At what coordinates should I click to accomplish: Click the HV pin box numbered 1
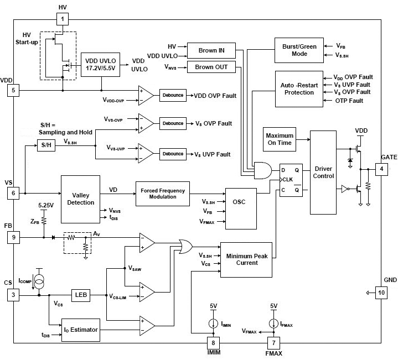[62, 19]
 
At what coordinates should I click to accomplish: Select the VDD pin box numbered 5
[13, 90]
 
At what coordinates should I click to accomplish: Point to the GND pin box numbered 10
[381, 293]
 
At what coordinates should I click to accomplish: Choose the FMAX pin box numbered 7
[271, 342]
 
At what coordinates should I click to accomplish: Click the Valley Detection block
[80, 199]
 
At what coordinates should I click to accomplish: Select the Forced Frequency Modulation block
[163, 194]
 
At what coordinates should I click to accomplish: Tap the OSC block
[239, 201]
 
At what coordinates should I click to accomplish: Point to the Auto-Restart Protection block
[299, 88]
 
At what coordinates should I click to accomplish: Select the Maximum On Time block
[280, 139]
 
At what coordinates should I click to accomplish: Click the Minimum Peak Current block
[246, 259]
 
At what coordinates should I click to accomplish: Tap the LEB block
[80, 295]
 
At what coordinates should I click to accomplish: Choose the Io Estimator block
[80, 330]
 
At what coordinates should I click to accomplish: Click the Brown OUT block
[211, 67]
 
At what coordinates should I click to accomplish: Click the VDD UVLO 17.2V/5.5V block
[101, 65]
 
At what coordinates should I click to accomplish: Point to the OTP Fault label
[349, 101]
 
